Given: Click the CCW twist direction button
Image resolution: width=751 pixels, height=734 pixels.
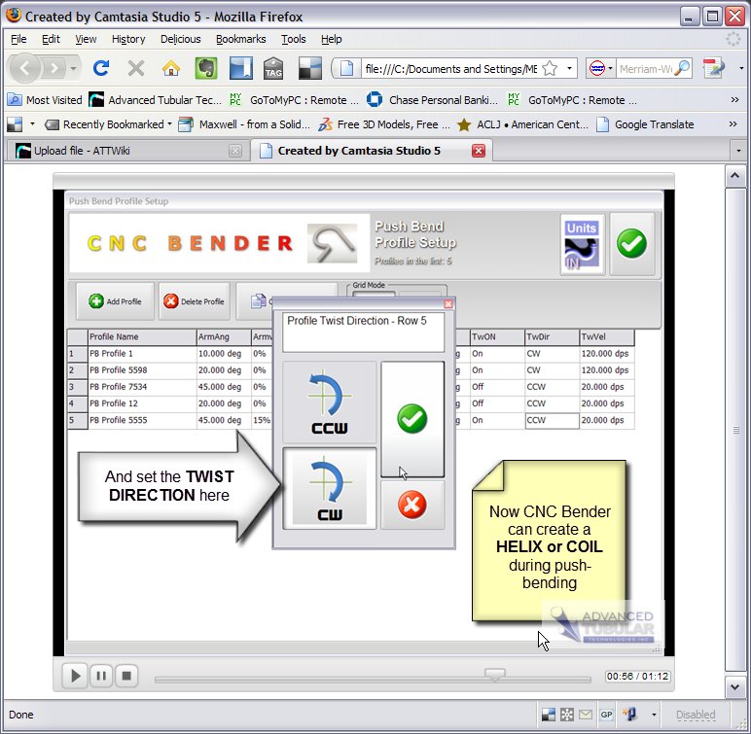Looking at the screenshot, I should (x=329, y=402).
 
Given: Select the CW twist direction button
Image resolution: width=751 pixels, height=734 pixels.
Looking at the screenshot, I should (x=329, y=487).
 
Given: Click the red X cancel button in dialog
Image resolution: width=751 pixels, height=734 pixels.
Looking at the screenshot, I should (x=412, y=506).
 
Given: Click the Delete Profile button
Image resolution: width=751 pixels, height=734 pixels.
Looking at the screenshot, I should (x=196, y=301).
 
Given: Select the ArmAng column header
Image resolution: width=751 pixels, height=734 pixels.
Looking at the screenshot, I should (x=222, y=336).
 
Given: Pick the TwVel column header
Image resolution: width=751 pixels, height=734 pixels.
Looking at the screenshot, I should (x=606, y=336).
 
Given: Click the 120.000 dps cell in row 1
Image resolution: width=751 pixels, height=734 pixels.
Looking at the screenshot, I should (x=606, y=354).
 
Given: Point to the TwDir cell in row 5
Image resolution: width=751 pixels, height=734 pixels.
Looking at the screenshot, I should (x=551, y=421).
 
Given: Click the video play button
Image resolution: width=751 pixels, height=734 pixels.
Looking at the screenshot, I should (x=74, y=675).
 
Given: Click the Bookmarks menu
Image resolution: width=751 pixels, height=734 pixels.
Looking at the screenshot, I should (x=240, y=39).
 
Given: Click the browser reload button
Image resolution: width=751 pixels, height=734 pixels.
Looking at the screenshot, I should (x=100, y=68).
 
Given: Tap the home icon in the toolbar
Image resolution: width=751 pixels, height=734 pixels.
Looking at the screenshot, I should (x=171, y=68).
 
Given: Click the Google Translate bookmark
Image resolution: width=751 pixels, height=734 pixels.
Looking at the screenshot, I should (x=653, y=124).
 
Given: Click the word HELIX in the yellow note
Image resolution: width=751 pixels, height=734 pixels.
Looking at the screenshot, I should (x=519, y=547).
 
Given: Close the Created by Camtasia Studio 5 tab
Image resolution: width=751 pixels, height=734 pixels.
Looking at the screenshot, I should (x=479, y=151).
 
